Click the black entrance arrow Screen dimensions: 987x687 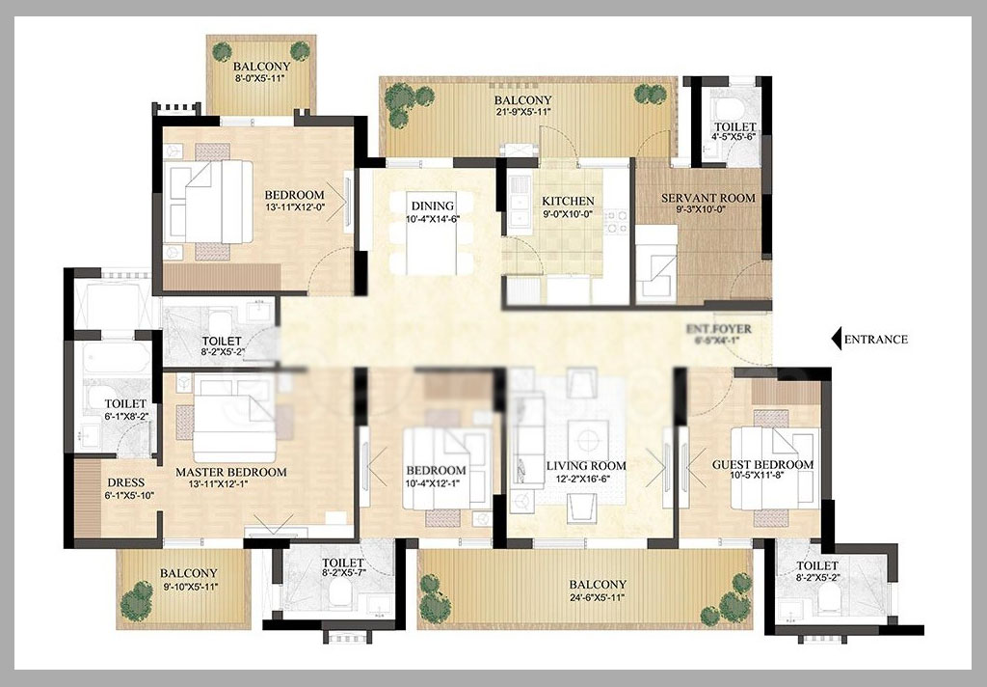[836, 339]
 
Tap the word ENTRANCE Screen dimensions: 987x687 [875, 340]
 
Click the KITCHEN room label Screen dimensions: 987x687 [568, 201]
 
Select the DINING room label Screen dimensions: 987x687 [433, 206]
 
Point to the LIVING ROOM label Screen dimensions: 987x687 [586, 466]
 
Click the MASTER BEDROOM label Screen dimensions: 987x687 [231, 472]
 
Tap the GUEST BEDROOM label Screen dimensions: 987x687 [762, 464]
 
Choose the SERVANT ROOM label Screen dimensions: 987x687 [708, 198]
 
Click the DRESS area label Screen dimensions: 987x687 [126, 482]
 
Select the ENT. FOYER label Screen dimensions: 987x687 [718, 329]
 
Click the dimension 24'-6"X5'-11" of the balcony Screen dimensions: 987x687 [598, 597]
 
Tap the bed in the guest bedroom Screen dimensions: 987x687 [775, 467]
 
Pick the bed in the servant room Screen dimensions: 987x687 [656, 263]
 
